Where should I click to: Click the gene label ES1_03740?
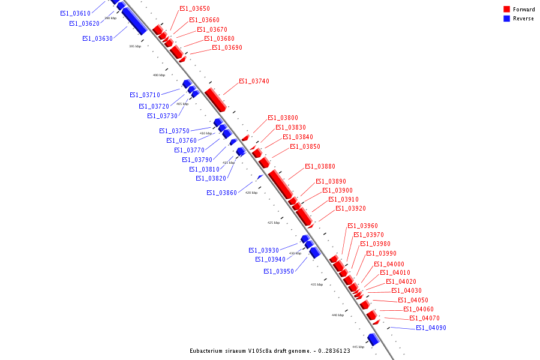click(254, 82)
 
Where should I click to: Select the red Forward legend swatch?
click(507, 9)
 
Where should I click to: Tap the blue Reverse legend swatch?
click(507, 19)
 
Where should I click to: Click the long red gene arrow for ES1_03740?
click(215, 100)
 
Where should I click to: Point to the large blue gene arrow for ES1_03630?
click(134, 21)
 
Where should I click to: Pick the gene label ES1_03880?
click(320, 167)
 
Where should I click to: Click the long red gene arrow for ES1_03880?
click(281, 184)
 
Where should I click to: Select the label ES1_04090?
click(431, 328)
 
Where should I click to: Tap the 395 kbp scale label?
click(135, 46)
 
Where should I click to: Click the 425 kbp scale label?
click(274, 223)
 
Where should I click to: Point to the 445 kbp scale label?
click(358, 347)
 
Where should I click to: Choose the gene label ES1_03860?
click(221, 193)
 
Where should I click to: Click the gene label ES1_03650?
click(194, 9)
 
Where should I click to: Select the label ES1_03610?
click(76, 13)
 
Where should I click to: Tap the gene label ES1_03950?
click(278, 272)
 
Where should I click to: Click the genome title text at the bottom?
click(270, 351)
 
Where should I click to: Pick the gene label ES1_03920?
click(350, 209)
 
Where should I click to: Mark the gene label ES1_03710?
click(145, 95)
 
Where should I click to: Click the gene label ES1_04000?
click(389, 265)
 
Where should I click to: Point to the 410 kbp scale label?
click(205, 133)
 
